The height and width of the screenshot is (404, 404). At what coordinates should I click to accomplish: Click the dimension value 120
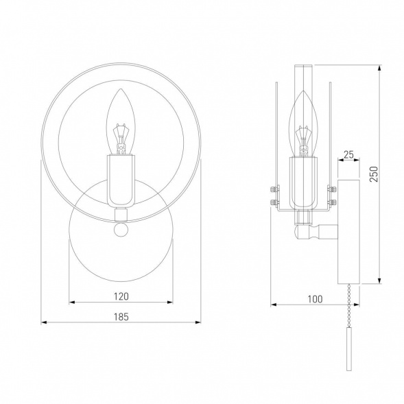point(121,296)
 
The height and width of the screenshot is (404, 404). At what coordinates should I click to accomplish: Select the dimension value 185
point(121,317)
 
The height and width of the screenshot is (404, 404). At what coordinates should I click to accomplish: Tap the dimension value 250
point(374,174)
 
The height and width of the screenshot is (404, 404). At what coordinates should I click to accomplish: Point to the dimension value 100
point(315,299)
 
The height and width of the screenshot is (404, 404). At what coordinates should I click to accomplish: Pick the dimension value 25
point(348,154)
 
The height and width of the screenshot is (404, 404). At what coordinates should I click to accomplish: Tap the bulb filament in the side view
point(304,141)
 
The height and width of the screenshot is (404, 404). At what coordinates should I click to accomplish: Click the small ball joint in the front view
point(121,230)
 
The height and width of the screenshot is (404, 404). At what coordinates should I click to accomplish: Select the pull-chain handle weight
point(349,349)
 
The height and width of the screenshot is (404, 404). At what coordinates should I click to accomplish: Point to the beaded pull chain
point(349,306)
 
